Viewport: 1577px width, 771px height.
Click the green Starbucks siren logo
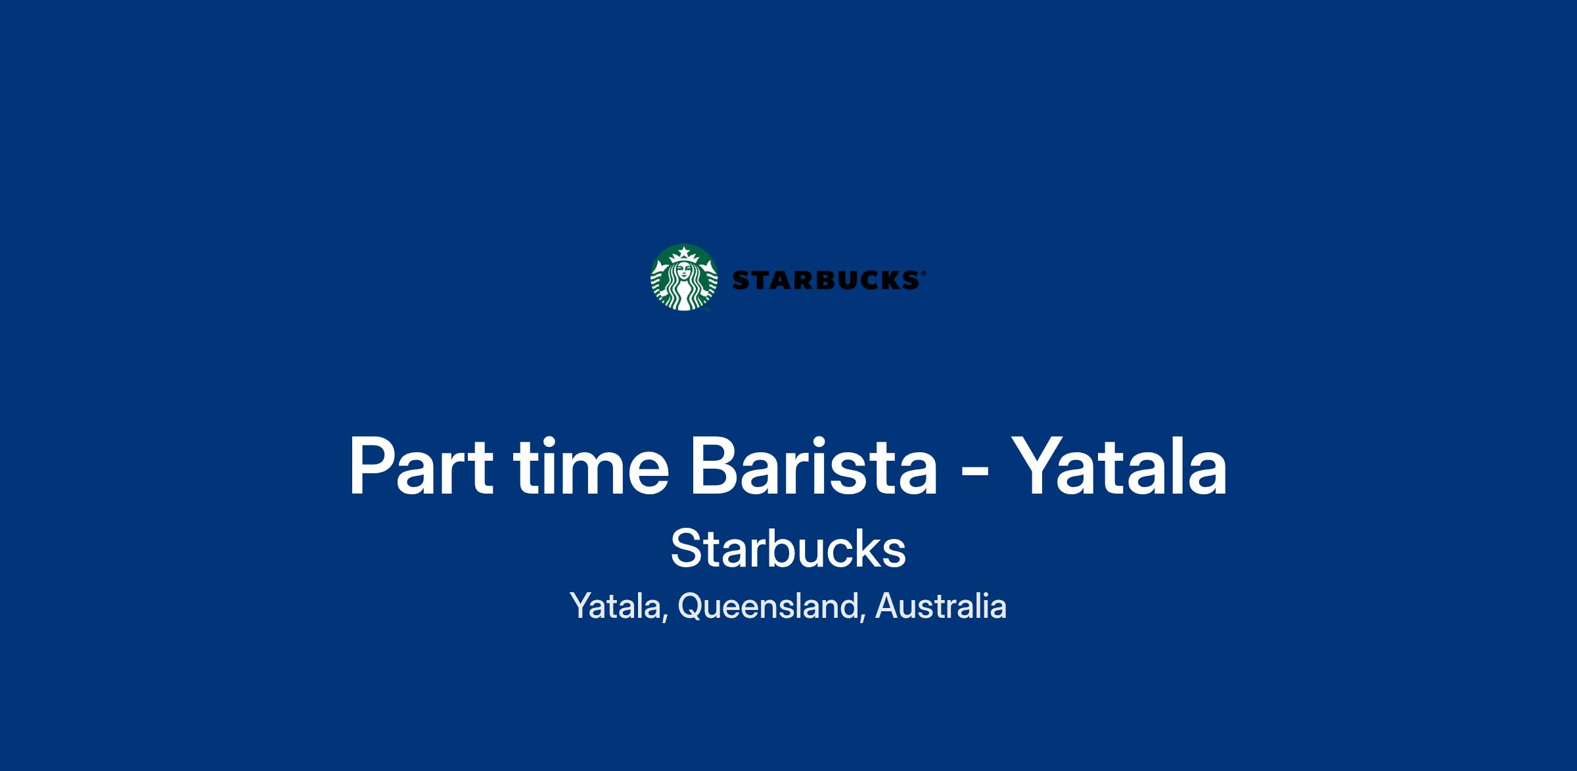pos(684,277)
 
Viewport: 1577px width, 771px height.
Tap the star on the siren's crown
pos(684,252)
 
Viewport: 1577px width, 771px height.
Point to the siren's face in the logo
pos(684,271)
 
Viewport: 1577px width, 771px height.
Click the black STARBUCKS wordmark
pos(826,281)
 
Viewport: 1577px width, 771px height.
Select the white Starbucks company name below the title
pos(788,548)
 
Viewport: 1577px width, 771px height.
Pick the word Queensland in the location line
pos(767,606)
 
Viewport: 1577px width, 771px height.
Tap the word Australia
pos(941,605)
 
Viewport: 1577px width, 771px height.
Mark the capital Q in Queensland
pos(691,606)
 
